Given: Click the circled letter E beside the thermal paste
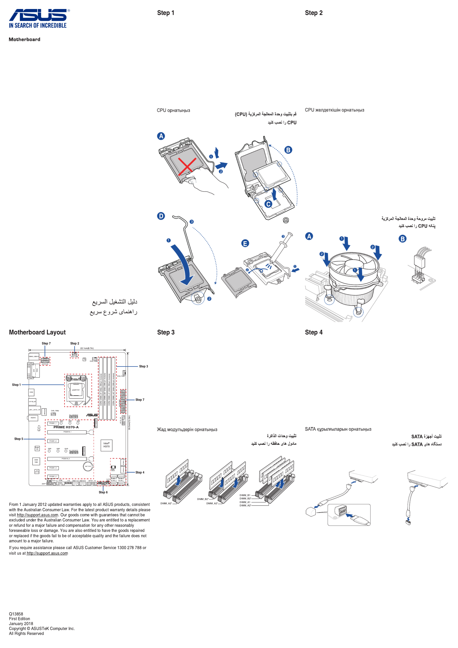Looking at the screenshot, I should click(x=245, y=243).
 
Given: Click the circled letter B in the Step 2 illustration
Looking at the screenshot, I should click(x=402, y=239).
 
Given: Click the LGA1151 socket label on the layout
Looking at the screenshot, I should click(x=76, y=390).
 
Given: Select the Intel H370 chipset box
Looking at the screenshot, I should click(x=107, y=445).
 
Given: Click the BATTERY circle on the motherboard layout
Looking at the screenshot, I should click(x=88, y=466).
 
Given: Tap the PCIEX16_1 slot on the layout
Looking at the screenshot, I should click(x=67, y=432).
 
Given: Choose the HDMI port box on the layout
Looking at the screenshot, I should click(x=31, y=392).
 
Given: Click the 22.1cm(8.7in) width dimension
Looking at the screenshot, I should click(x=87, y=348).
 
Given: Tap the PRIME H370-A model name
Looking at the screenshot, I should click(x=66, y=427).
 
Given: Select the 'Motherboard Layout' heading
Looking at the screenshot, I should click(x=37, y=332).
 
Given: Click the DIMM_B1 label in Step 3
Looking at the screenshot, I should click(x=245, y=495).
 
